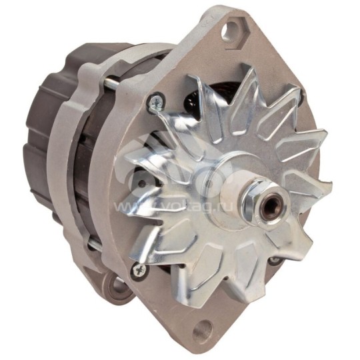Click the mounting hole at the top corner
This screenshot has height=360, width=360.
click(x=232, y=29)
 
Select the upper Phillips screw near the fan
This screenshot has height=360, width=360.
click(x=155, y=102)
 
